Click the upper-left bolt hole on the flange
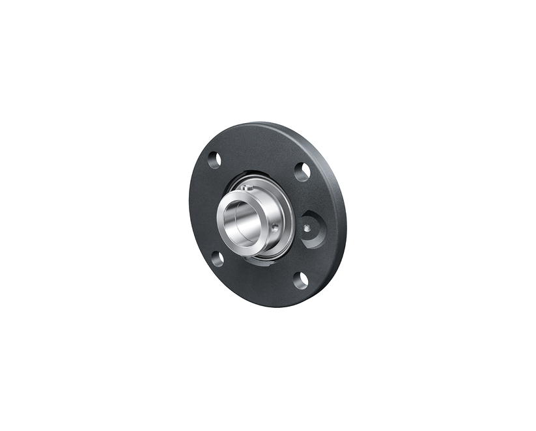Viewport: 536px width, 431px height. coord(214,160)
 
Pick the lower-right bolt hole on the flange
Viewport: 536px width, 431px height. coord(301,281)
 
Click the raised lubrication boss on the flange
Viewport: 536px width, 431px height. coord(313,229)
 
